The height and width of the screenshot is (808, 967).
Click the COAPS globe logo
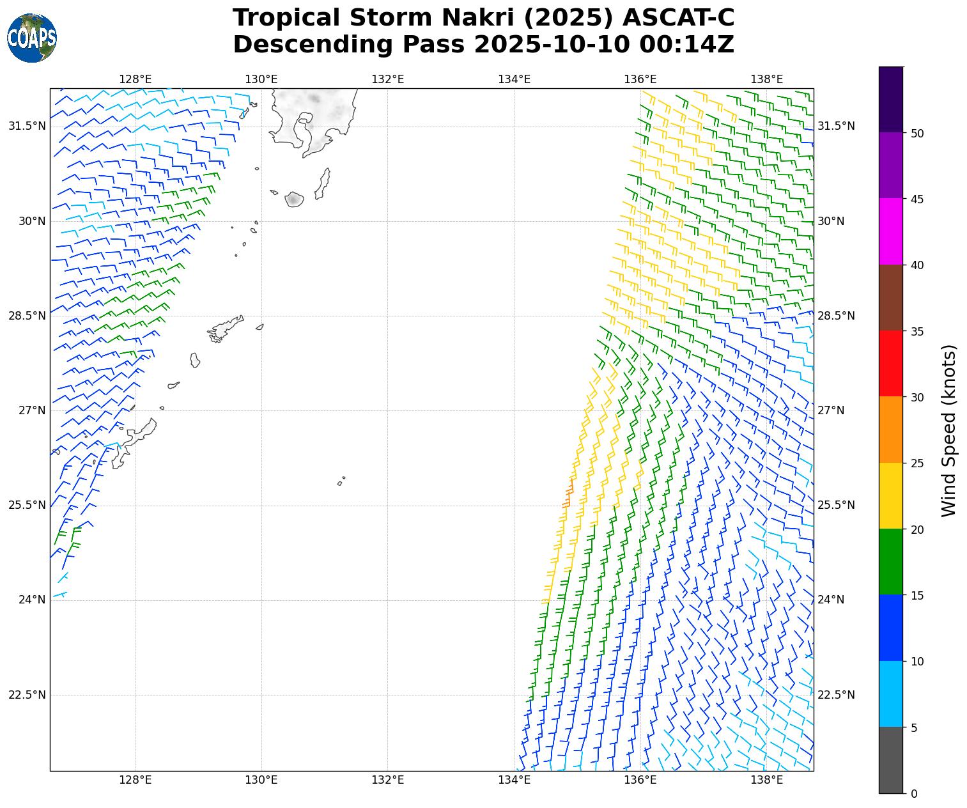click(x=32, y=38)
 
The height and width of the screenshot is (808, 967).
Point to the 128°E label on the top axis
click(x=135, y=79)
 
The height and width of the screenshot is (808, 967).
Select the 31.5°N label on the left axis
click(x=27, y=126)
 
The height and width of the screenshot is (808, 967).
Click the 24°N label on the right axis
click(x=831, y=600)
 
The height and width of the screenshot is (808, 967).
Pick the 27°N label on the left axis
click(x=32, y=410)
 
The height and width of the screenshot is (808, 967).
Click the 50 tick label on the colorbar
click(x=917, y=133)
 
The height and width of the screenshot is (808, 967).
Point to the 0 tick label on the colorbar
click(x=914, y=793)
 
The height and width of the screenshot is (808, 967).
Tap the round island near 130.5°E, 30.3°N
click(x=293, y=199)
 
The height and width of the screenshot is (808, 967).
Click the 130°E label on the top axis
click(x=261, y=79)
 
